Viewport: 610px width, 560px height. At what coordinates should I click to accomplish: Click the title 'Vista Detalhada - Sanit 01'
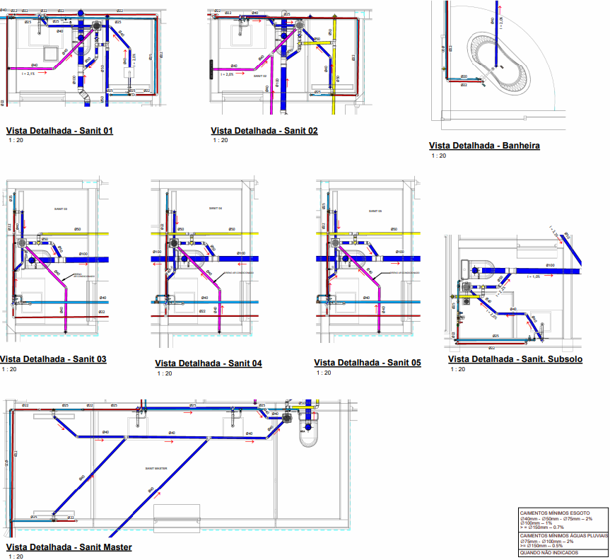pos(59,131)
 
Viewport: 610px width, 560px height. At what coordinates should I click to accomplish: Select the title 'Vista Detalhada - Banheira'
pos(484,146)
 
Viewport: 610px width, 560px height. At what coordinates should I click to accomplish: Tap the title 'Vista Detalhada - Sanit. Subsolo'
pos(515,359)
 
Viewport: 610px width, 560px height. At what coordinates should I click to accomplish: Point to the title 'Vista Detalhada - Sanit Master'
pos(69,547)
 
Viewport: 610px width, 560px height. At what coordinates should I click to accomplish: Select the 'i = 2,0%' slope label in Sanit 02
pos(227,74)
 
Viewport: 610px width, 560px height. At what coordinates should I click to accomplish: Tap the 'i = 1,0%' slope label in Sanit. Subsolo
pos(541,276)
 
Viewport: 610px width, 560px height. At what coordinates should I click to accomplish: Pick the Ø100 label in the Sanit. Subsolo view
pos(549,265)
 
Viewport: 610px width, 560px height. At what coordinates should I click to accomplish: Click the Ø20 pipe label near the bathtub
pos(464,76)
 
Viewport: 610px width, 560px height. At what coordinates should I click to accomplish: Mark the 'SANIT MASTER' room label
pos(156,469)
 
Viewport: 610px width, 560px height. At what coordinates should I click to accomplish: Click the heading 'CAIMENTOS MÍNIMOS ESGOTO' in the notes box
pos(554,512)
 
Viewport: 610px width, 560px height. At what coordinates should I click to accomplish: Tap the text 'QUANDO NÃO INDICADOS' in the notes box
pos(549,552)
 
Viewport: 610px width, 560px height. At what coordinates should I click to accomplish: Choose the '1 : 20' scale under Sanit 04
pos(162,373)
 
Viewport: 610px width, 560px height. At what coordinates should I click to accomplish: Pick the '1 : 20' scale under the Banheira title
pos(438,156)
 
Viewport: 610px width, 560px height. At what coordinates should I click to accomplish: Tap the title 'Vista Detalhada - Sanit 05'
pos(368,363)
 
